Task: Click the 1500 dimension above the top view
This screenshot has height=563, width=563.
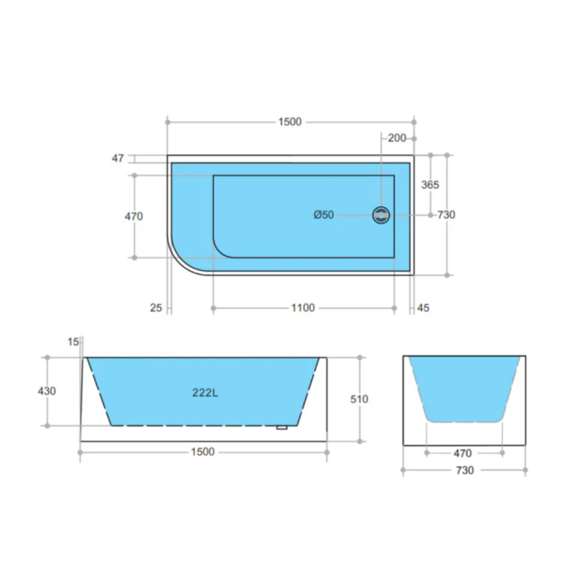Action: click(290, 122)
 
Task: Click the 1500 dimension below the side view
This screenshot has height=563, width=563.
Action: click(203, 452)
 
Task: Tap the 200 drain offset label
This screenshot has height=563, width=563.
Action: click(397, 138)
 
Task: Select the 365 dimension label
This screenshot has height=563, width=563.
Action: click(430, 185)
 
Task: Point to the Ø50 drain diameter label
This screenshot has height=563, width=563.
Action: click(324, 215)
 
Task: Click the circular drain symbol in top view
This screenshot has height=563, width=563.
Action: click(381, 215)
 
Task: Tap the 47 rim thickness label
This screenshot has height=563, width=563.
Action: click(118, 159)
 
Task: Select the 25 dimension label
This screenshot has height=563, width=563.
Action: click(156, 308)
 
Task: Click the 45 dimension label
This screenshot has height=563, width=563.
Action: click(423, 308)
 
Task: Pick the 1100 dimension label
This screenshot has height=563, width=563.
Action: click(303, 308)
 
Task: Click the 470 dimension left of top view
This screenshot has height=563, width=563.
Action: click(134, 217)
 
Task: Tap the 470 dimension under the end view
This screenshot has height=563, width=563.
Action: click(462, 453)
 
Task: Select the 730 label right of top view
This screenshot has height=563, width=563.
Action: click(446, 215)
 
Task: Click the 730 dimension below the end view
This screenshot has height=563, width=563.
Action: click(465, 470)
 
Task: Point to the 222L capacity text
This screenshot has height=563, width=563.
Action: click(205, 393)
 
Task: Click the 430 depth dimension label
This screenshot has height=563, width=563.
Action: click(47, 391)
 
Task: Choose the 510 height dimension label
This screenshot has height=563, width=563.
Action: click(359, 399)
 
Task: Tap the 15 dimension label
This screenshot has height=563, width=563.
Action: click(73, 342)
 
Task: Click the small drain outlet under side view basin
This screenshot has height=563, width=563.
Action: click(282, 427)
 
